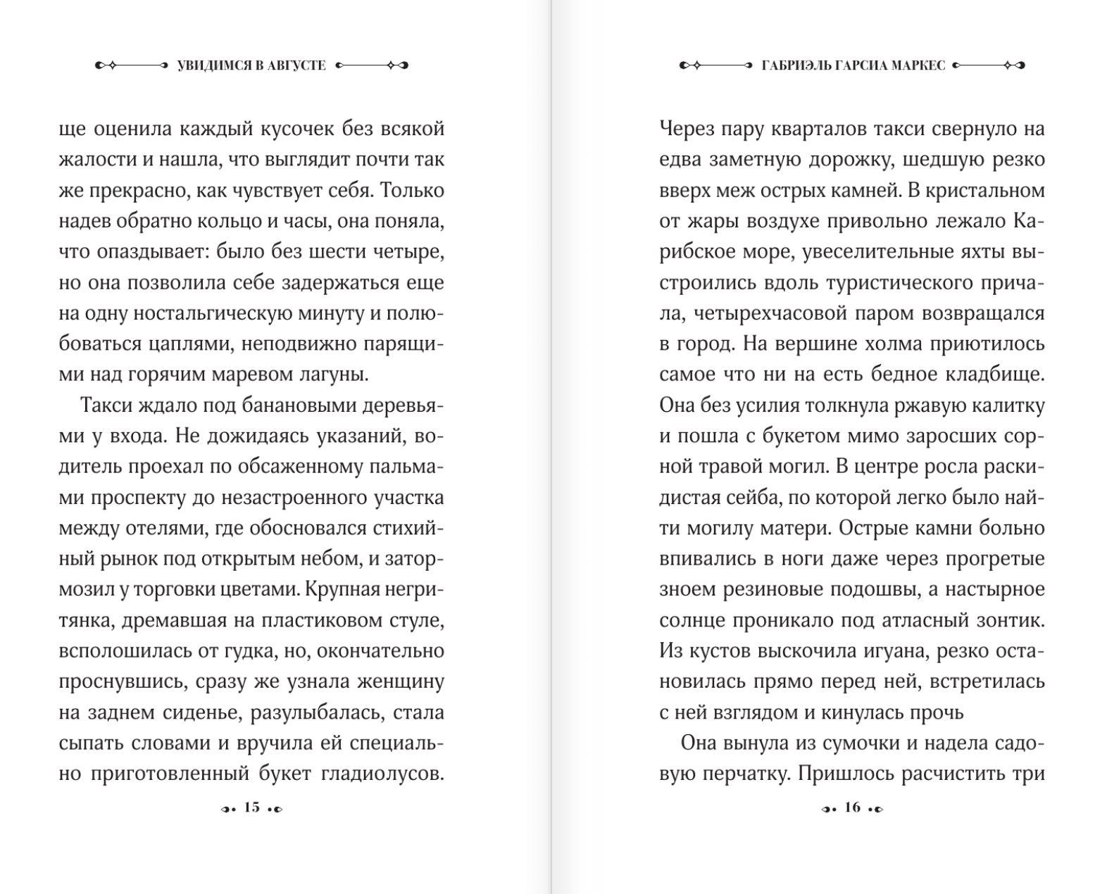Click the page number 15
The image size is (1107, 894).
coord(251,807)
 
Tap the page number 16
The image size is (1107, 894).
coord(852,807)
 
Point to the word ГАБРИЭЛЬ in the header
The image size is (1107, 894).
coord(796,65)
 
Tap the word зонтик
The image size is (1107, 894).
coord(1008,620)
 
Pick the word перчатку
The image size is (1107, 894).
coord(748,774)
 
